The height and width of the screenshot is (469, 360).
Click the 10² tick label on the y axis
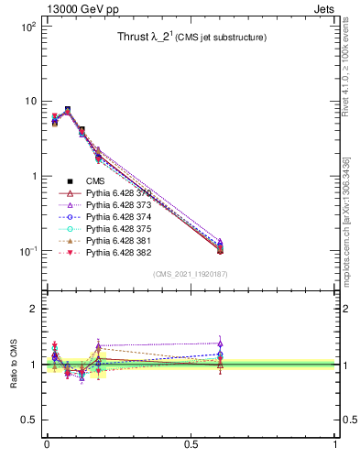click(x=27, y=27)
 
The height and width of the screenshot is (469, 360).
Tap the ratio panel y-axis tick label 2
click(x=34, y=309)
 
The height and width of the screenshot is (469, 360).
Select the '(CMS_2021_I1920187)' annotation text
click(x=191, y=274)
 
